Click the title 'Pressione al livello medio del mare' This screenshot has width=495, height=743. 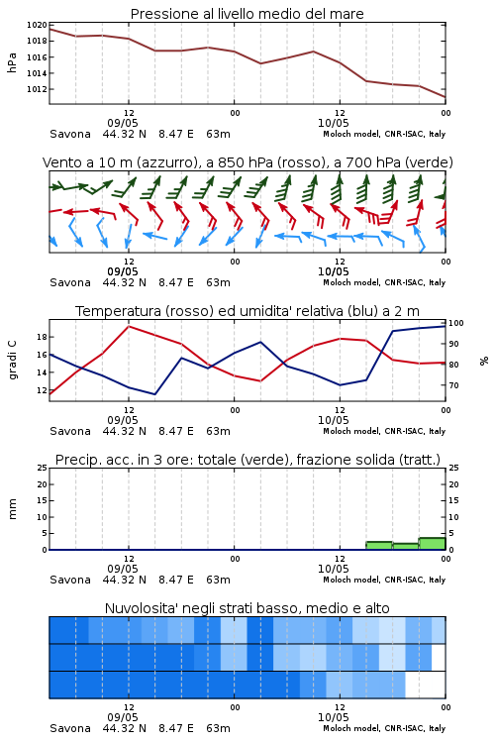coord(247,14)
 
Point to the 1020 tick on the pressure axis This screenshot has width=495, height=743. coord(37,25)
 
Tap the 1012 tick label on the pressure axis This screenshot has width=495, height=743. coord(37,89)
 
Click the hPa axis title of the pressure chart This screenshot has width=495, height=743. coord(12,62)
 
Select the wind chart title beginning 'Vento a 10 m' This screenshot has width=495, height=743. coord(247,162)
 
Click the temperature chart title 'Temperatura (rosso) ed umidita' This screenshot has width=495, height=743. coord(247,311)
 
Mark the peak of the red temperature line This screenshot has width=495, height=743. coord(129,326)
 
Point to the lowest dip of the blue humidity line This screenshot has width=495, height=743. coord(154,394)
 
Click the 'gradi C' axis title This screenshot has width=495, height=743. coord(12,360)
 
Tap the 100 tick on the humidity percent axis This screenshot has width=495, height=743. coord(456,323)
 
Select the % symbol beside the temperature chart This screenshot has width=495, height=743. coord(484,361)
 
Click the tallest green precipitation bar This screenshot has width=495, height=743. coord(432,544)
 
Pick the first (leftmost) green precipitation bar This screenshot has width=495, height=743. coord(379,546)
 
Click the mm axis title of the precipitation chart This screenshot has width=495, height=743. coord(12,509)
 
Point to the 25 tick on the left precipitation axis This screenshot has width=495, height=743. coord(43,468)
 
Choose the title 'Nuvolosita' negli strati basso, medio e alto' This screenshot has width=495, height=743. coord(247,608)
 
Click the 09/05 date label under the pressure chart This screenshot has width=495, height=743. coord(123,123)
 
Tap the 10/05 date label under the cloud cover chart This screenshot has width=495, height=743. coord(333,717)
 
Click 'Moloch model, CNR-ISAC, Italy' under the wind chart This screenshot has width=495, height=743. coord(384,282)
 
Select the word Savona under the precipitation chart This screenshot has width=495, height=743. coord(70,580)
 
